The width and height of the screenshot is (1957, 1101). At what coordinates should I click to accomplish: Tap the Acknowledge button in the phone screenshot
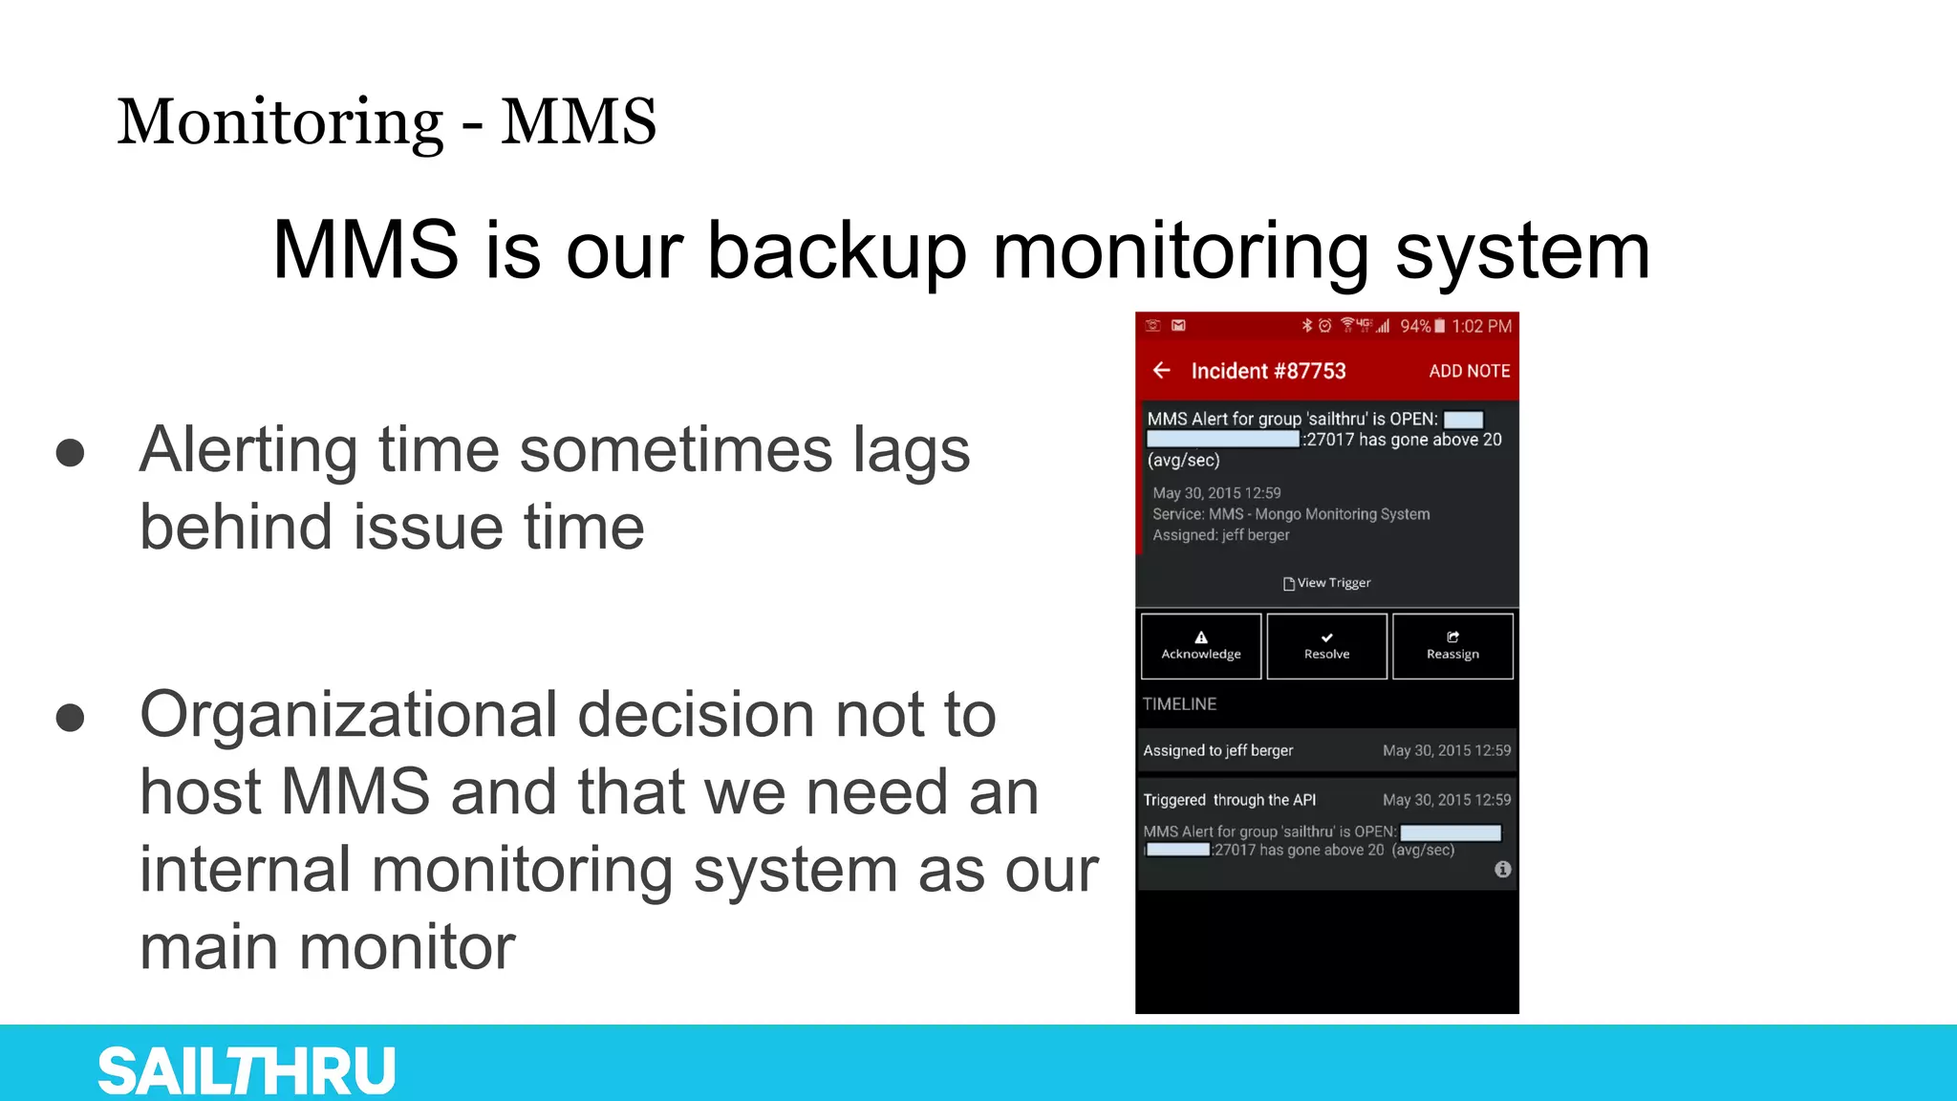[1201, 646]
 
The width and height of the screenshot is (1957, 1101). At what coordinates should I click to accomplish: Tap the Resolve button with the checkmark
[1326, 646]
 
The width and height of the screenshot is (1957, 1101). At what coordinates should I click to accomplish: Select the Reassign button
[1452, 646]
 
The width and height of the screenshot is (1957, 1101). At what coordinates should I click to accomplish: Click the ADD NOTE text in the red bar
[1469, 371]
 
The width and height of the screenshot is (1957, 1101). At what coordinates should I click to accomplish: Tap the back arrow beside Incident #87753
[1162, 370]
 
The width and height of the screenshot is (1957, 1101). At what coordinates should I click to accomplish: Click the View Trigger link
[1327, 583]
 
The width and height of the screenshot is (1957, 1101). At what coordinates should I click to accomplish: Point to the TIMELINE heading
[1180, 704]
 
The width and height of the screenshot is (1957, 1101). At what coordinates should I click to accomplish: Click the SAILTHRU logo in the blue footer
[247, 1070]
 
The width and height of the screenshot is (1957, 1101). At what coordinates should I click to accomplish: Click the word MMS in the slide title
[578, 122]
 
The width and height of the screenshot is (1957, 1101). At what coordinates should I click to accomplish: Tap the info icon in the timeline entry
[1503, 869]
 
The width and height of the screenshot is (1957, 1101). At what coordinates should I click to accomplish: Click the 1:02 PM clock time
[1481, 326]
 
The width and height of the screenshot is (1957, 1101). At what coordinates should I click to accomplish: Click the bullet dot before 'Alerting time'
[70, 452]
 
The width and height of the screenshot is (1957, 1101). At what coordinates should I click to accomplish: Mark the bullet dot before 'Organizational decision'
[70, 717]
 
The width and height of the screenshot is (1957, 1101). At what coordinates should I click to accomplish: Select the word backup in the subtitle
[835, 250]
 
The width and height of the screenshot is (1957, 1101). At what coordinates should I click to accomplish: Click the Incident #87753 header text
[1268, 371]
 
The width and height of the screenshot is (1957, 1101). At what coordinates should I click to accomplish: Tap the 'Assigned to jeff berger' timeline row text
[1217, 750]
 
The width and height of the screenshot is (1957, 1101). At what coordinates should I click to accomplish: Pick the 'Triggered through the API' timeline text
[1229, 800]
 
